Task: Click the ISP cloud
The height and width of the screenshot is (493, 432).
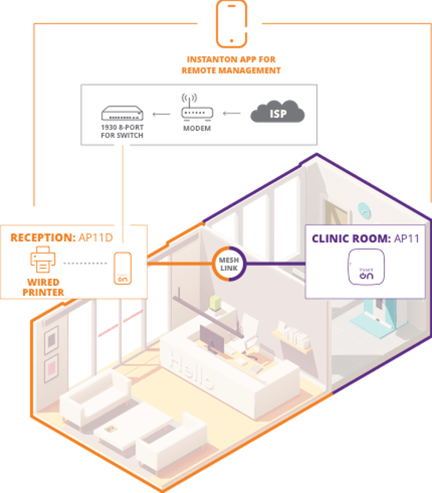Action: (x=277, y=113)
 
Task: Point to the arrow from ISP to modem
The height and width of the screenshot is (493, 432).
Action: (x=232, y=114)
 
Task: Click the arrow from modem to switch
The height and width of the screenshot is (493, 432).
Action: (x=161, y=114)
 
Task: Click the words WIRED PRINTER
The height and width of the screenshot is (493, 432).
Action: (x=43, y=287)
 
